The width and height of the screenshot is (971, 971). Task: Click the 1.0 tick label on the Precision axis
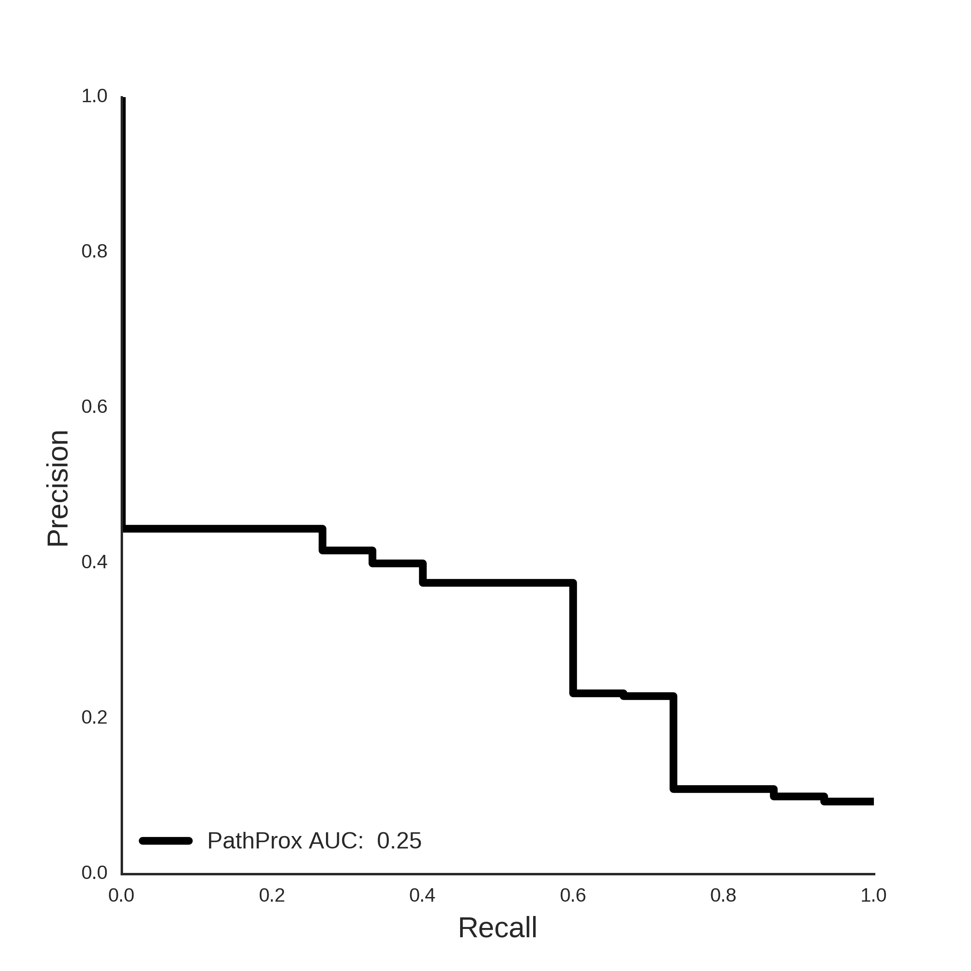tap(94, 96)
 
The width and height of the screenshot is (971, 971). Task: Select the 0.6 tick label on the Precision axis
tap(94, 406)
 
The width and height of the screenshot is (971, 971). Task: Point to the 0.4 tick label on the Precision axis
tap(94, 562)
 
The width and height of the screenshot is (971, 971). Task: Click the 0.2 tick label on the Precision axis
tap(94, 717)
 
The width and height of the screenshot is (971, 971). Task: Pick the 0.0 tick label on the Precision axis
tap(94, 873)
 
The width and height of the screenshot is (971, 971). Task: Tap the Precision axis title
tap(58, 489)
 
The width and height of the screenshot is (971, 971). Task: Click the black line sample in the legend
tap(166, 841)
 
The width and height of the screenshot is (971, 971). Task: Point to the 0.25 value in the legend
tap(399, 841)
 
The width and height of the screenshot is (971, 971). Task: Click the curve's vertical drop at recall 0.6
tap(573, 638)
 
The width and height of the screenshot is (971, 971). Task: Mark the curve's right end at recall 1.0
tap(873, 802)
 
